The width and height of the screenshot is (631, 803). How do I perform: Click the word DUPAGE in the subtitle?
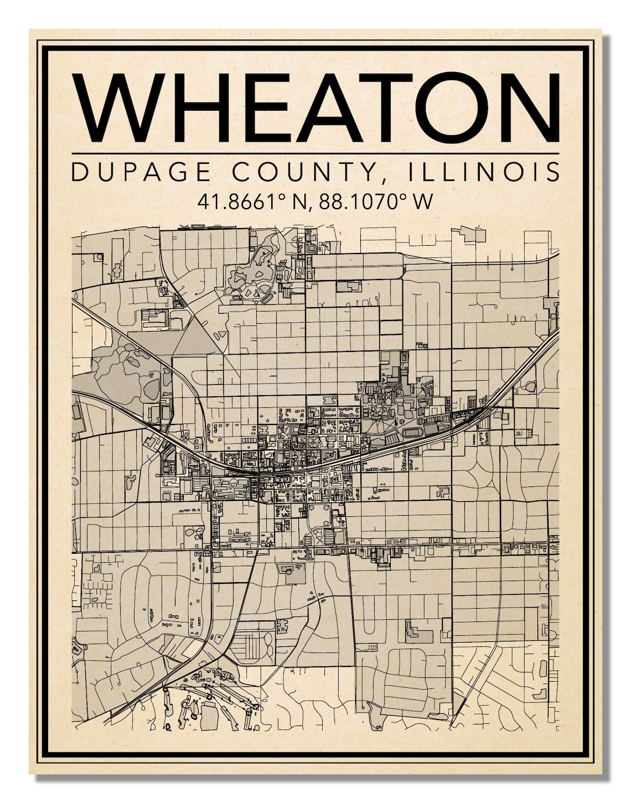[x=141, y=172]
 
